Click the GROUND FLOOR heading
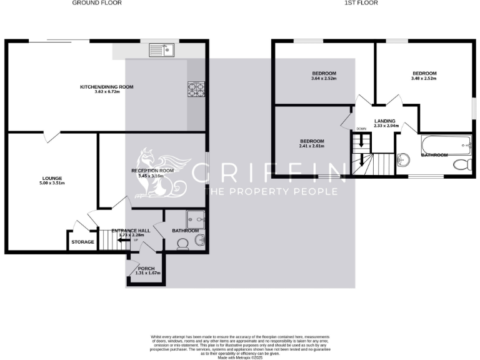pyautogui.click(x=97, y=3)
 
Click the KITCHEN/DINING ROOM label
pyautogui.click(x=106, y=87)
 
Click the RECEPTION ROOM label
pyautogui.click(x=152, y=171)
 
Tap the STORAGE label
pyautogui.click(x=82, y=242)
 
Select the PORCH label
pyautogui.click(x=146, y=268)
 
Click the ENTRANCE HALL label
pyautogui.click(x=131, y=231)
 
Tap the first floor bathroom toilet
pyautogui.click(x=461, y=165)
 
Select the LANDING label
pyautogui.click(x=384, y=121)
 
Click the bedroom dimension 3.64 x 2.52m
pyautogui.click(x=324, y=79)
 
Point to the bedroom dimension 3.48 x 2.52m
pyautogui.click(x=423, y=79)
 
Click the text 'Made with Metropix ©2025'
pyautogui.click(x=240, y=357)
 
